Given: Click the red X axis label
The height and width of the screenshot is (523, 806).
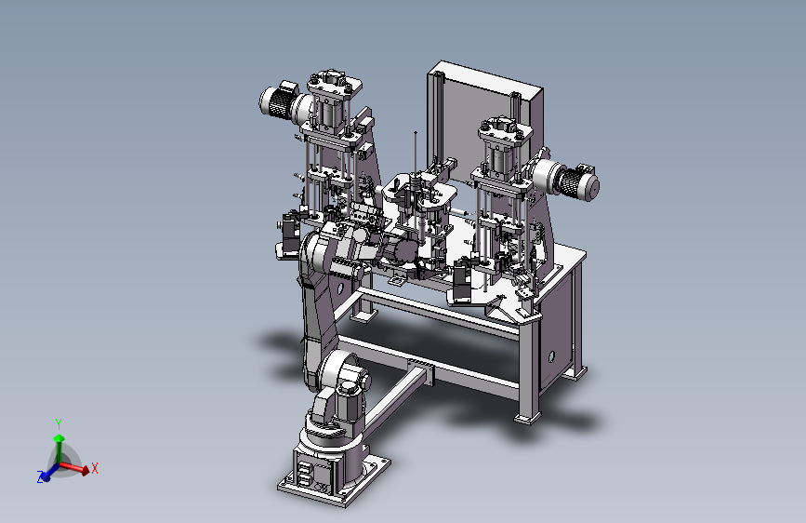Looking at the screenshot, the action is click(95, 468).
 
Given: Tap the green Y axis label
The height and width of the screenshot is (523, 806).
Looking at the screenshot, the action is click(59, 424).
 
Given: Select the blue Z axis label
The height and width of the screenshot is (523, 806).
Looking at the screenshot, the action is click(40, 477).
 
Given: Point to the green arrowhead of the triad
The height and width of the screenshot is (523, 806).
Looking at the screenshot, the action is click(59, 438).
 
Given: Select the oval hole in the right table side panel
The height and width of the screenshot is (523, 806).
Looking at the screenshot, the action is click(551, 356).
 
